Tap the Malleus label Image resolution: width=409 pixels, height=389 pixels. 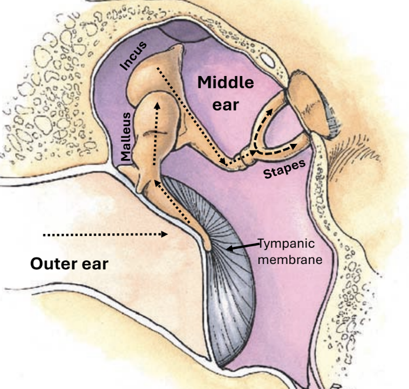point(126,137)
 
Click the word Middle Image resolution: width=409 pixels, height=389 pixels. point(225,83)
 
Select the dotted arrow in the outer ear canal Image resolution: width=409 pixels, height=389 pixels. point(105,234)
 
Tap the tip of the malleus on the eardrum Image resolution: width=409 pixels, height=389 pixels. point(208,245)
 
